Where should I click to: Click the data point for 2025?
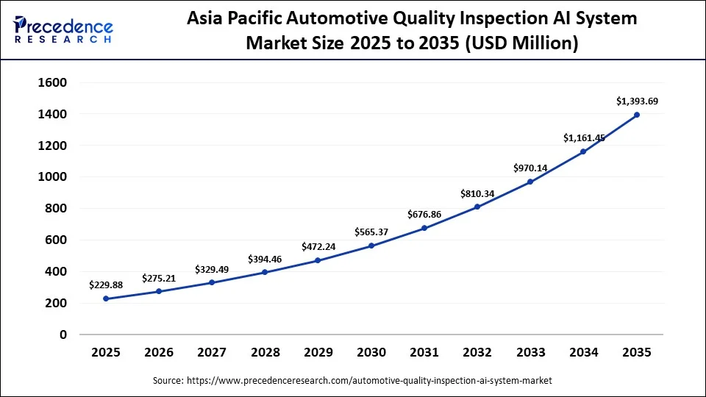click(x=106, y=298)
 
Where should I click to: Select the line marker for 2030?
click(x=371, y=246)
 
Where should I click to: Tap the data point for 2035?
click(x=637, y=115)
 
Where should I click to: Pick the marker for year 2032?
click(x=477, y=207)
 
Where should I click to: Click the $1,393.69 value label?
click(x=637, y=101)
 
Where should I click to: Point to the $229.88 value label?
click(x=106, y=285)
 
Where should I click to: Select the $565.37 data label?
click(x=371, y=232)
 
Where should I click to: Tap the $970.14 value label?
click(x=530, y=168)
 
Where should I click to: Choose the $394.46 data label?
click(x=265, y=259)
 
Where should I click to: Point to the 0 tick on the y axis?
click(x=63, y=335)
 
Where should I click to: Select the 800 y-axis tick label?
click(x=55, y=209)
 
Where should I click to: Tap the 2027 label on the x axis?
click(x=212, y=353)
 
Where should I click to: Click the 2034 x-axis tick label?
click(x=584, y=353)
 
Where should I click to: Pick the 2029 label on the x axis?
click(x=318, y=353)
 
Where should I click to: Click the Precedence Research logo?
click(x=63, y=29)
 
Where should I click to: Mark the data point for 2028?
click(x=265, y=273)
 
